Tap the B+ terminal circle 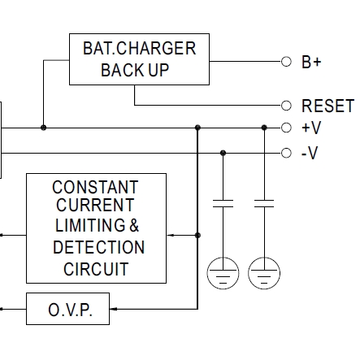[286, 62]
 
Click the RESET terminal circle [286, 106]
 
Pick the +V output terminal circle [286, 128]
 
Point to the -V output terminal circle [286, 153]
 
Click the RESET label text [327, 106]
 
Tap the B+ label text [311, 62]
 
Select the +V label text [311, 128]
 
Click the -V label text [310, 153]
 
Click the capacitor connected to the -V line [223, 203]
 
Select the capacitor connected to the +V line [264, 203]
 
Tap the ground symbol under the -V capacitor [223, 273]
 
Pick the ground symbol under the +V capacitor [264, 273]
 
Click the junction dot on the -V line [223, 153]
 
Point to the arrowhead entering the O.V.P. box [113, 309]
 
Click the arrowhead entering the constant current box [170, 235]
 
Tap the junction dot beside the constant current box [197, 235]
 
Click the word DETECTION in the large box [99, 247]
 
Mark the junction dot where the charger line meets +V [43, 128]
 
